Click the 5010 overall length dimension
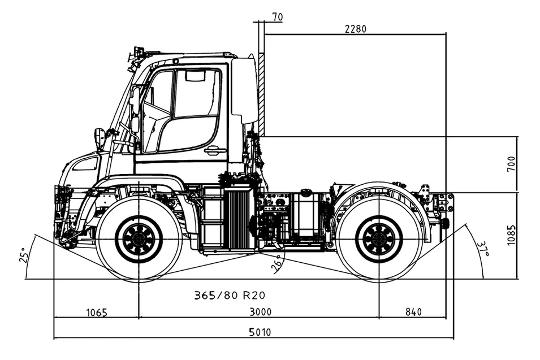point(260,332)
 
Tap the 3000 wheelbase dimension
point(260,312)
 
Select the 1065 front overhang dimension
point(97,313)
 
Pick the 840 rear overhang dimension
point(413,312)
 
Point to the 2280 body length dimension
point(356,29)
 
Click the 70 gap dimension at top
point(278,16)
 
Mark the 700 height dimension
point(511,164)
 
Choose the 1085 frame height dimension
point(511,236)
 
